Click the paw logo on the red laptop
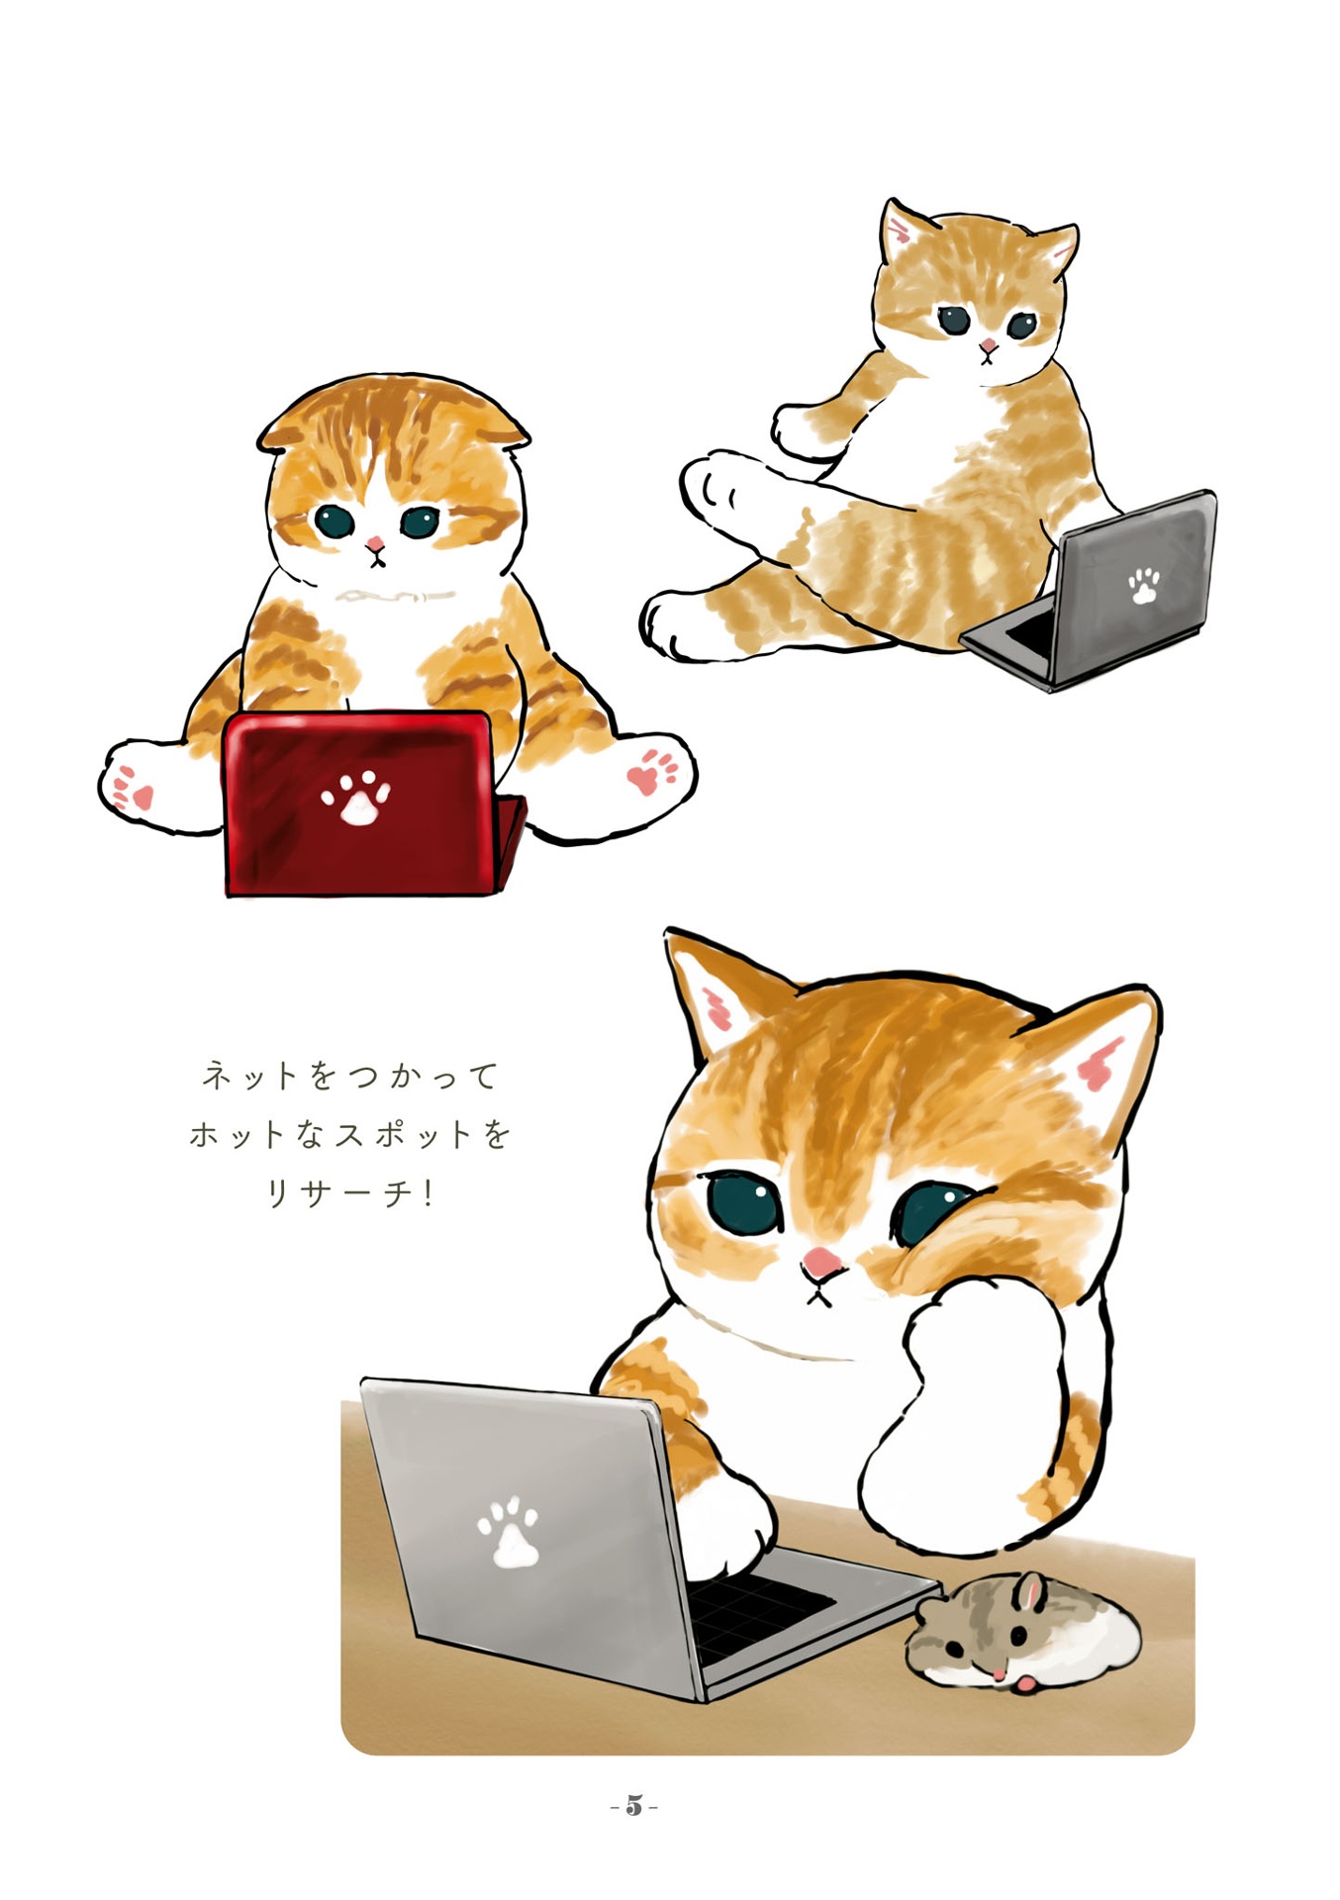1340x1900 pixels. pyautogui.click(x=355, y=798)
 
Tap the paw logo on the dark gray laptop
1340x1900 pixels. pyautogui.click(x=1144, y=586)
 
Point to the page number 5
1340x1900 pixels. pyautogui.click(x=634, y=1806)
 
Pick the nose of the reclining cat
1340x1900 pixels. pyautogui.click(x=988, y=347)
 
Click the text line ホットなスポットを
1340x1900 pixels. pyautogui.click(x=350, y=1134)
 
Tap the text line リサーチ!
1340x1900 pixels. pyautogui.click(x=350, y=1193)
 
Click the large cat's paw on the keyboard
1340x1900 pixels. pyautogui.click(x=727, y=1529)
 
